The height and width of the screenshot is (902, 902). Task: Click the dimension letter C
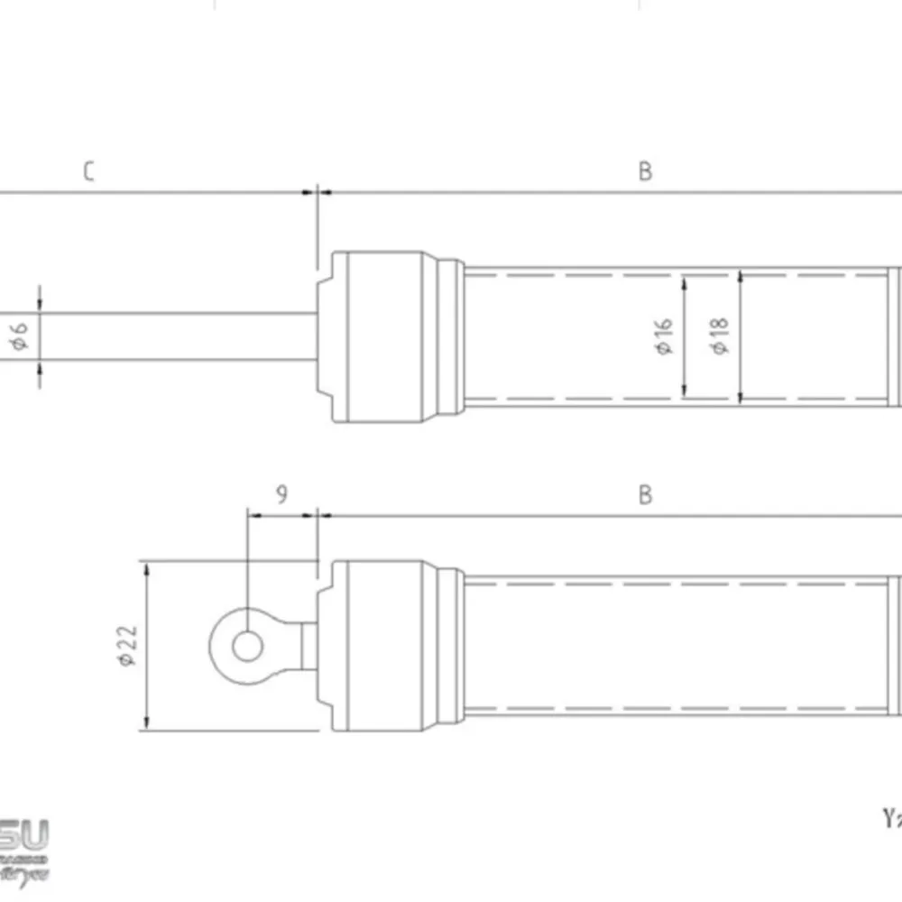coord(88,171)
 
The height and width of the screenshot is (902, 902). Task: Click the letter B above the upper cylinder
coord(645,171)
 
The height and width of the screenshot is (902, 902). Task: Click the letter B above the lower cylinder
coord(645,494)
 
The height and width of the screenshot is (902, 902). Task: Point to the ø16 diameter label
coord(666,336)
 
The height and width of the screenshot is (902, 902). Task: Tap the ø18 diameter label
coord(721,336)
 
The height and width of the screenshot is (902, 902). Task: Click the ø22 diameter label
coord(128,646)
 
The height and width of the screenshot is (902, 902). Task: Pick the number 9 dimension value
coord(281,494)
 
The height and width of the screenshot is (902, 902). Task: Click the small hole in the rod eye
coord(246,646)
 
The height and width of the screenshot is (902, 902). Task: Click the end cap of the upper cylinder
coord(379,336)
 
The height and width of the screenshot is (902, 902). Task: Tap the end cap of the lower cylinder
coord(379,646)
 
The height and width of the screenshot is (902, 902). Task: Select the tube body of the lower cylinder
coord(676,646)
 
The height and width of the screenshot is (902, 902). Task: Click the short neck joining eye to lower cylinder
coord(308,646)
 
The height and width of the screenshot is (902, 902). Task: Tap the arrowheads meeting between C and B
coord(318,191)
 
